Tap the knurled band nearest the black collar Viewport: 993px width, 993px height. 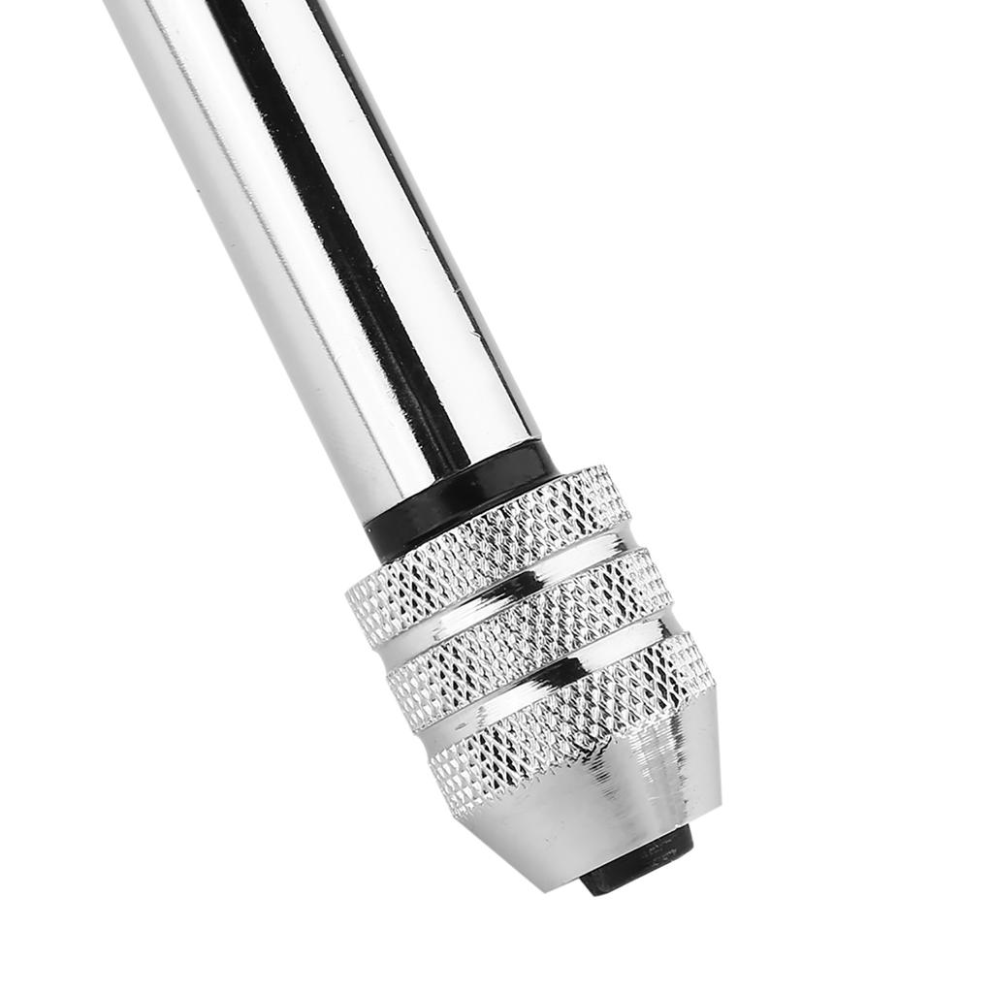[x=485, y=553]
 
